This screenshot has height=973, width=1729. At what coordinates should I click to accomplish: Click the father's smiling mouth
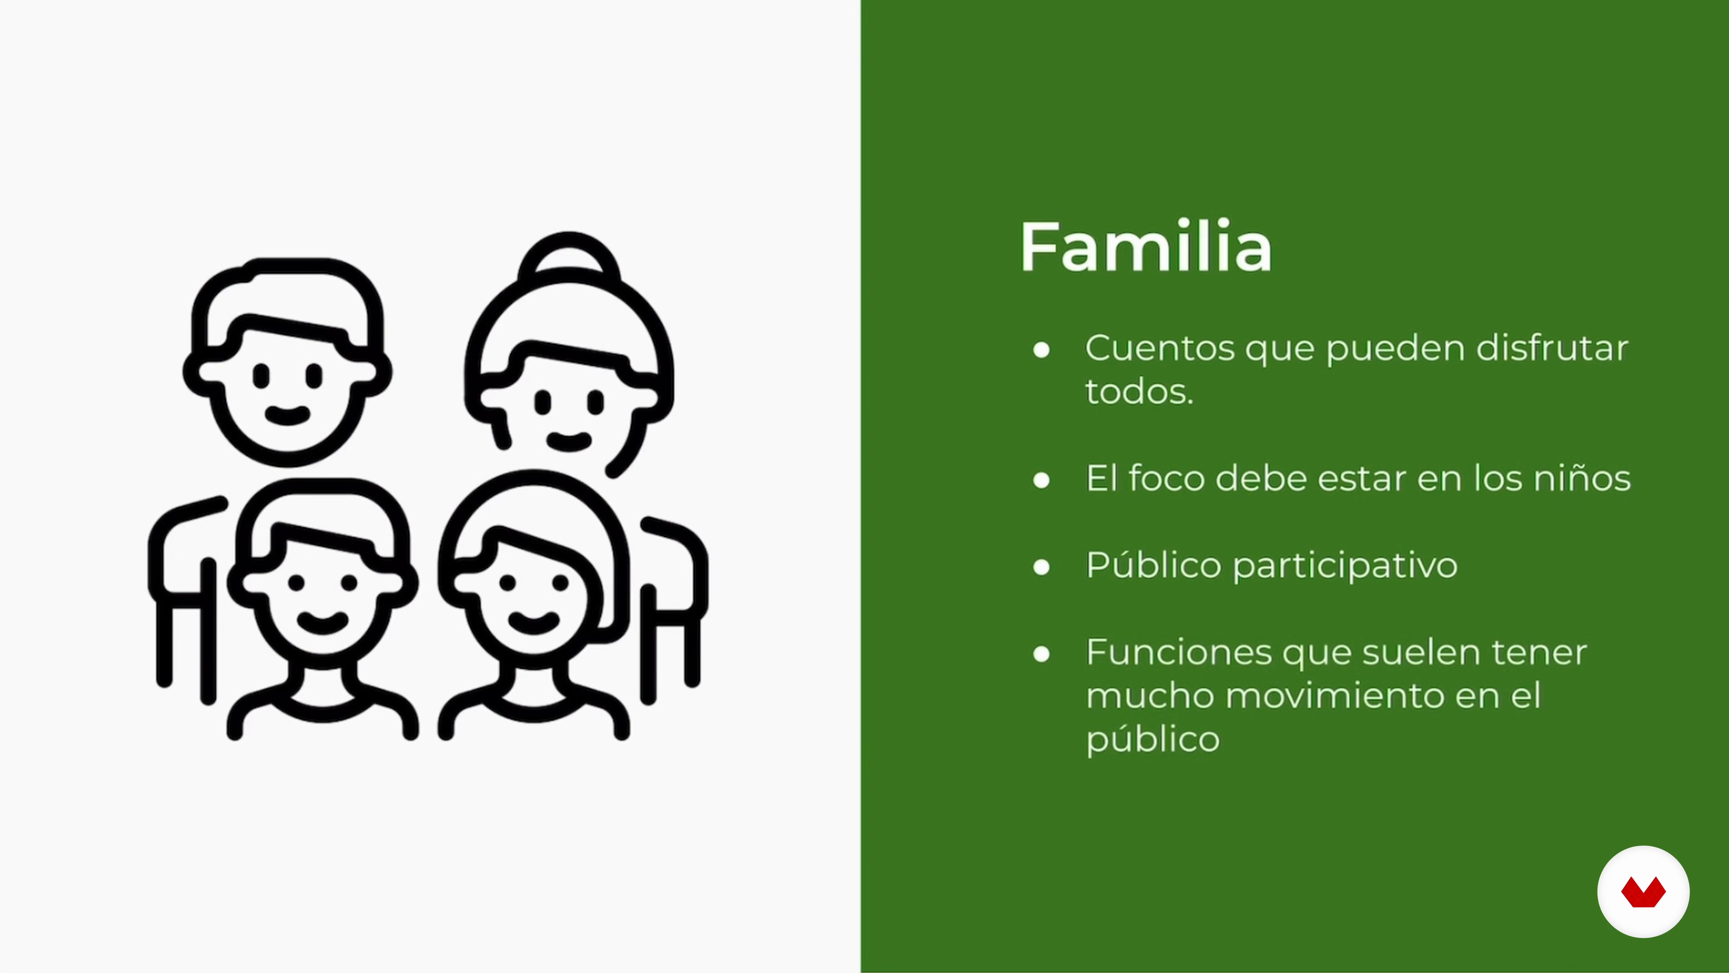click(x=287, y=415)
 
